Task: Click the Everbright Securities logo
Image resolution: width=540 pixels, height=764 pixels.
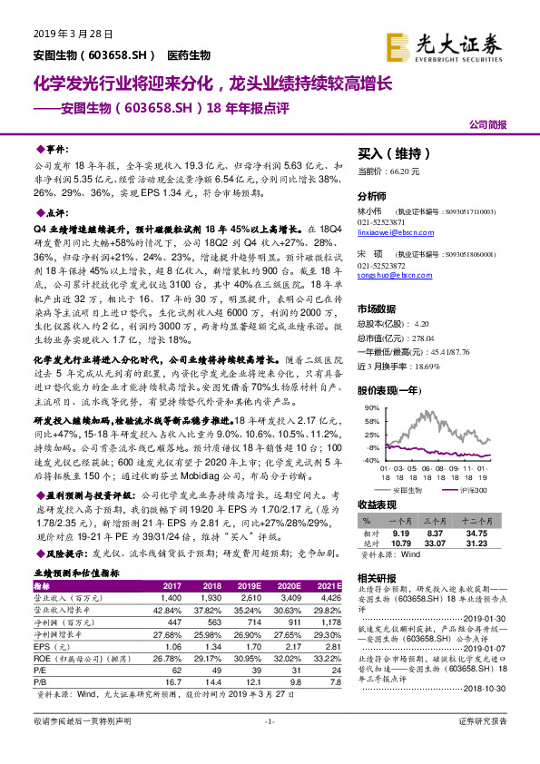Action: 457,44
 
